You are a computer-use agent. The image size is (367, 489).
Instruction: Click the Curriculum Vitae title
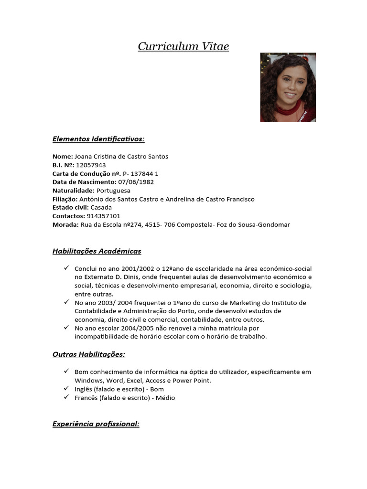[x=183, y=46]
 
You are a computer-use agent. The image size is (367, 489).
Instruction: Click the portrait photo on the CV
[x=288, y=87]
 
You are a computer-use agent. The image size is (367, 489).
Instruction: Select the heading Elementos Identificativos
[x=98, y=139]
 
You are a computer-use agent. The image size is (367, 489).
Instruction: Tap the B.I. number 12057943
[x=91, y=165]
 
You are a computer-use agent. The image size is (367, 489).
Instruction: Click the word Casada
[x=101, y=208]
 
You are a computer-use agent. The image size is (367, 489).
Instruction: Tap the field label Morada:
[x=65, y=225]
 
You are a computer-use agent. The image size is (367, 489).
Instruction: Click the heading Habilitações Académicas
[x=97, y=251]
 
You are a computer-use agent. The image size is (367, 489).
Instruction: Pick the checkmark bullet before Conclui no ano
[x=66, y=268]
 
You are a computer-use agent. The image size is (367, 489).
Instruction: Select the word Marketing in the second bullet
[x=248, y=303]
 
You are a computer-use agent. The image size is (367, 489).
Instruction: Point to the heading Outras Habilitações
[x=88, y=354]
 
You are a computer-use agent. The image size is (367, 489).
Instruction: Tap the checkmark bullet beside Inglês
[x=66, y=389]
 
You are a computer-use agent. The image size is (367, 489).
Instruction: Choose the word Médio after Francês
[x=164, y=398]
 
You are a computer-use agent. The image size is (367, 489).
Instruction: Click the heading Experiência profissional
[x=96, y=424]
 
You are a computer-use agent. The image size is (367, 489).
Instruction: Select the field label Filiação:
[x=65, y=199]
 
